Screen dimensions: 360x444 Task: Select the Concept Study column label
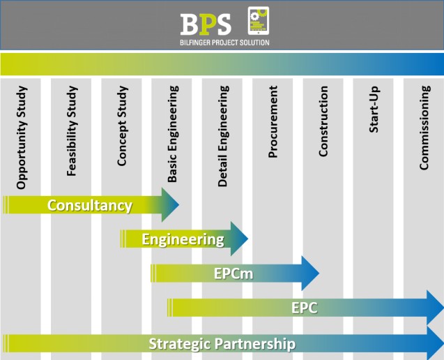point(122,126)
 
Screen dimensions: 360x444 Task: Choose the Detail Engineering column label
point(223,136)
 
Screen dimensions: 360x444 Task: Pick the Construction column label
point(323,122)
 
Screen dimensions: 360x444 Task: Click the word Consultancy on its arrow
point(89,205)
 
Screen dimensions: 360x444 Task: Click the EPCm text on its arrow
point(234,273)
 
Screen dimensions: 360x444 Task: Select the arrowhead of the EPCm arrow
point(310,273)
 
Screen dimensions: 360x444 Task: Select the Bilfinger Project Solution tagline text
point(224,42)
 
